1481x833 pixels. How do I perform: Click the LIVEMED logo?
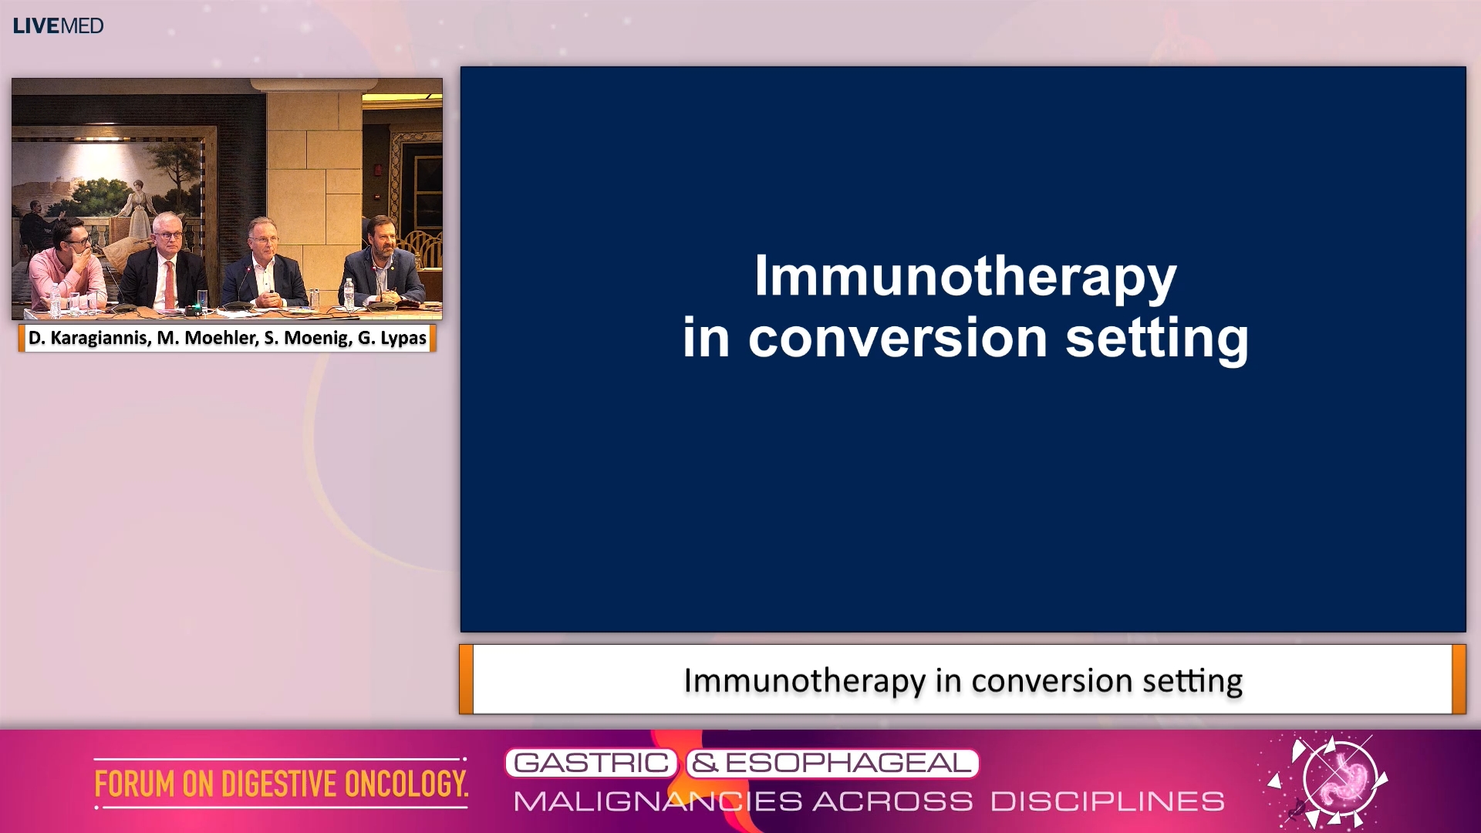[x=58, y=25]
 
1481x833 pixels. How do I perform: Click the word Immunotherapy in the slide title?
[x=964, y=276]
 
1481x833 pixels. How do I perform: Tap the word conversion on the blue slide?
[x=897, y=338]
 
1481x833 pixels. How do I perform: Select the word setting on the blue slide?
[x=1156, y=338]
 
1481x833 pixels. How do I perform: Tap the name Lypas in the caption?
[x=403, y=338]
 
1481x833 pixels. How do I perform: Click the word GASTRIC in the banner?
[x=591, y=763]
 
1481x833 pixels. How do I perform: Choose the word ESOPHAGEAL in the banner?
[x=847, y=763]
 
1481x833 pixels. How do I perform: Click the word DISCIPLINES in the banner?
[x=1108, y=801]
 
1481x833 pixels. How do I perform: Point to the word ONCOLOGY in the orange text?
[x=406, y=784]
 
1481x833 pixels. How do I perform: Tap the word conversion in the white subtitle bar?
[x=1055, y=680]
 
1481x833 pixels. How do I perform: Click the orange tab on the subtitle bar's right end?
[x=1459, y=680]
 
